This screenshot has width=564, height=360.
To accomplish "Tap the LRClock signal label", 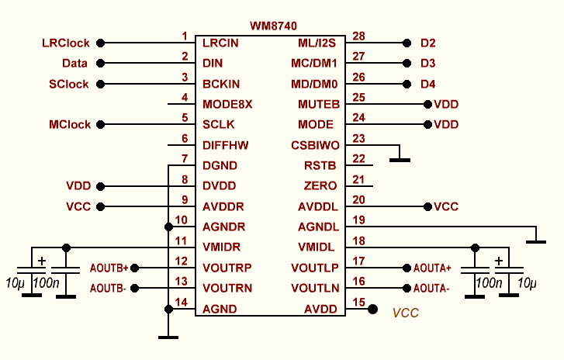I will (66, 43).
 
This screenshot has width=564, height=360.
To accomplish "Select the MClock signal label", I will (70, 124).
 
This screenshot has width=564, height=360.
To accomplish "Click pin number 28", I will (358, 36).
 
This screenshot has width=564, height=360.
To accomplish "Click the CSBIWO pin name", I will (315, 145).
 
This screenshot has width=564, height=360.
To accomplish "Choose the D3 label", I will (427, 63).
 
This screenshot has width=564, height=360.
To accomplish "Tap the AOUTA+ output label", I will (432, 268).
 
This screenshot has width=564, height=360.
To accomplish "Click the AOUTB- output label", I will (109, 288).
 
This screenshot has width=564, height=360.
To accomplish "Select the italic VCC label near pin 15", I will (406, 313).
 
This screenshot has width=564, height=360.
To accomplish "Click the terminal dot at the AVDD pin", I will (372, 309).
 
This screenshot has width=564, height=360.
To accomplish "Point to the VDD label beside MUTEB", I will (446, 104).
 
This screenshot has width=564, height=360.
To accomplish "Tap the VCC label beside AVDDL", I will (446, 207).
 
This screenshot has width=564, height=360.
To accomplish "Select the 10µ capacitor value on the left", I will (16, 281).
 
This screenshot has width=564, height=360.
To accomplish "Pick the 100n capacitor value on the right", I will (488, 282).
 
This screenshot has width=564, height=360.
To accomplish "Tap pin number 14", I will (184, 302).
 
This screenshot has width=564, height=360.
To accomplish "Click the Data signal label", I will (74, 63).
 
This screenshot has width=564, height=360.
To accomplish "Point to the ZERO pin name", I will (320, 186).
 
